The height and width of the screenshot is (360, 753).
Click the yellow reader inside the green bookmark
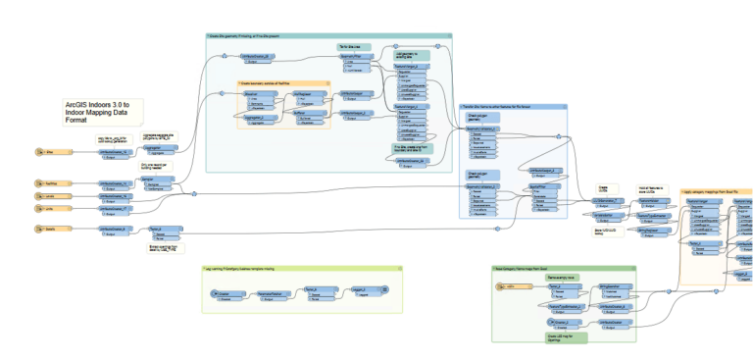pos(510,285)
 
